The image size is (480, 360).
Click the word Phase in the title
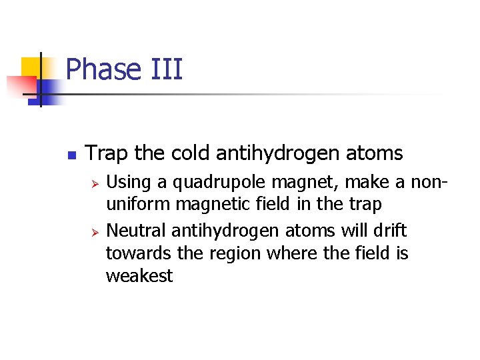(x=104, y=69)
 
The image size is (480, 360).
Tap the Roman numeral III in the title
(x=165, y=69)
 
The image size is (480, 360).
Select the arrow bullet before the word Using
(x=95, y=182)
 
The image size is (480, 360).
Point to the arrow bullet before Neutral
(x=95, y=232)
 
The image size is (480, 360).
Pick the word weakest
(x=139, y=275)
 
